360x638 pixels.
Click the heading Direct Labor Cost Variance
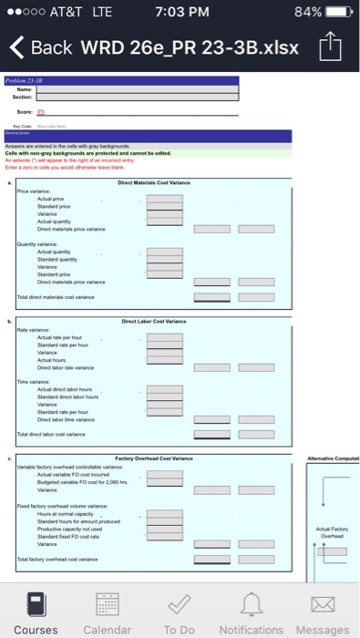click(x=153, y=321)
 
